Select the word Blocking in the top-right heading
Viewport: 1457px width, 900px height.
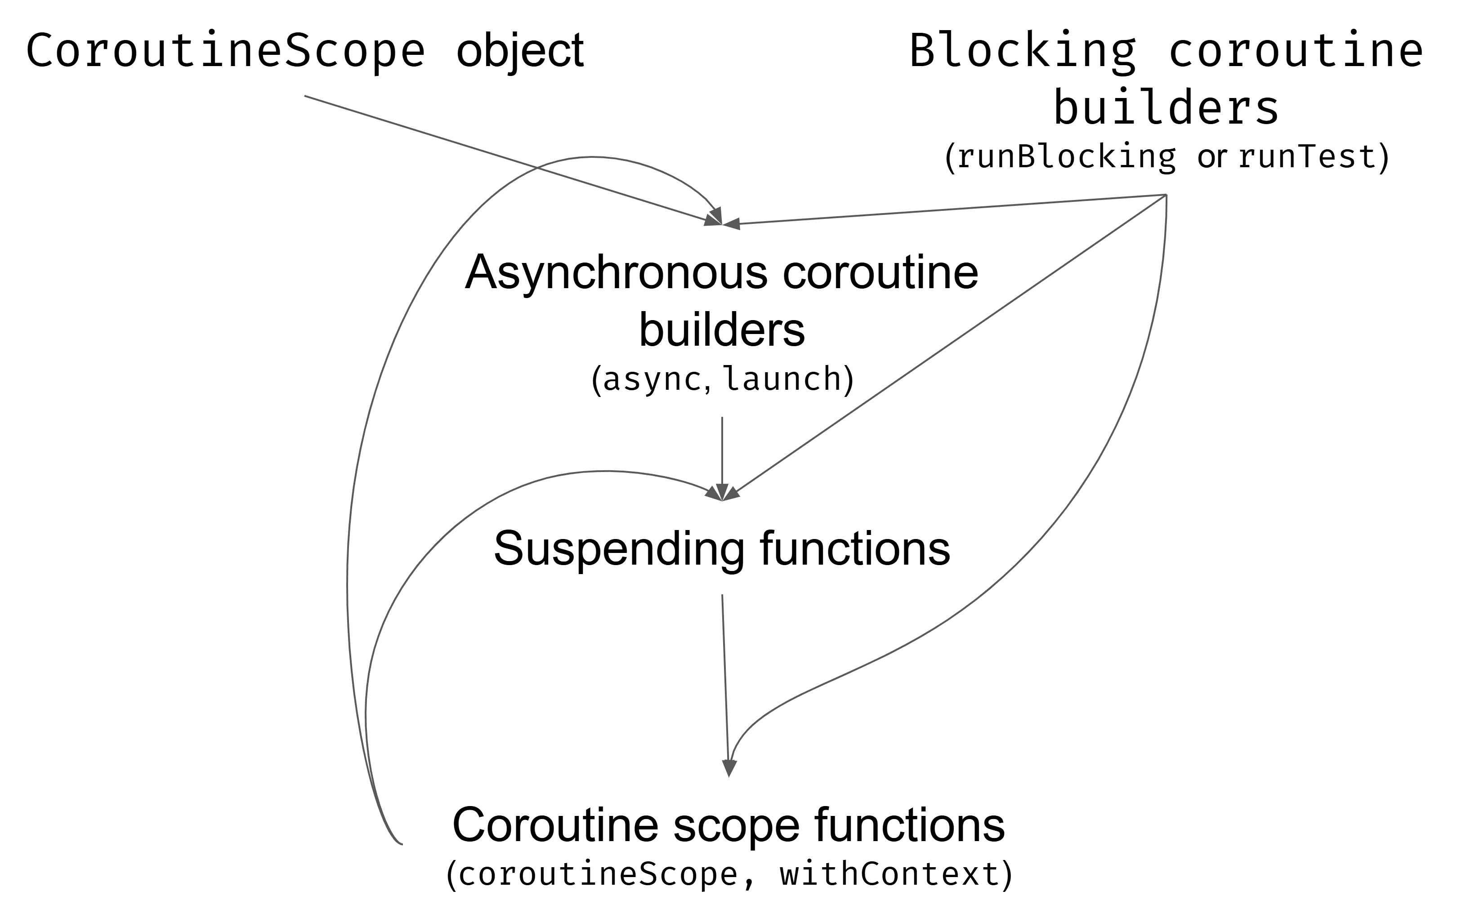[x=1022, y=51]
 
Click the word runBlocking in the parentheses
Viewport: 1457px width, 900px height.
[x=1066, y=157]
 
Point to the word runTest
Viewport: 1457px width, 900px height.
[x=1308, y=157]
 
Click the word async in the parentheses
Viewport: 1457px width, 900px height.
[x=652, y=379]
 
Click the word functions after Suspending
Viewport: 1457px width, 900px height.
[x=855, y=548]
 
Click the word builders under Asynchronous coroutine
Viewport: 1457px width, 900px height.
[x=722, y=330]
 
